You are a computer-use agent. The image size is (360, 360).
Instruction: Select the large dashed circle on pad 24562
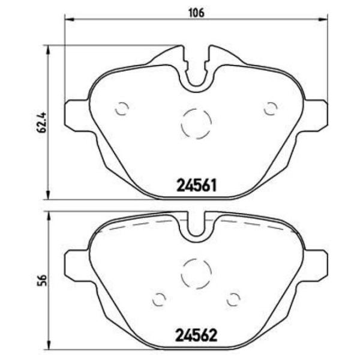coord(196,272)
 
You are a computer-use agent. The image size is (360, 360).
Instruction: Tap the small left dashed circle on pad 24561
coord(121,109)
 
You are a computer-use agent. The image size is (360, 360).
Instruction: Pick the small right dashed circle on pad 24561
coord(271,109)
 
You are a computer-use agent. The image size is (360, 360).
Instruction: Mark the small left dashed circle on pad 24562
coord(160,298)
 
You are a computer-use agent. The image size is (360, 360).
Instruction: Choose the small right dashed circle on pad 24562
coord(233,298)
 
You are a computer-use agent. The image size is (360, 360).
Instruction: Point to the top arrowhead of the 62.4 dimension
coord(47,48)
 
